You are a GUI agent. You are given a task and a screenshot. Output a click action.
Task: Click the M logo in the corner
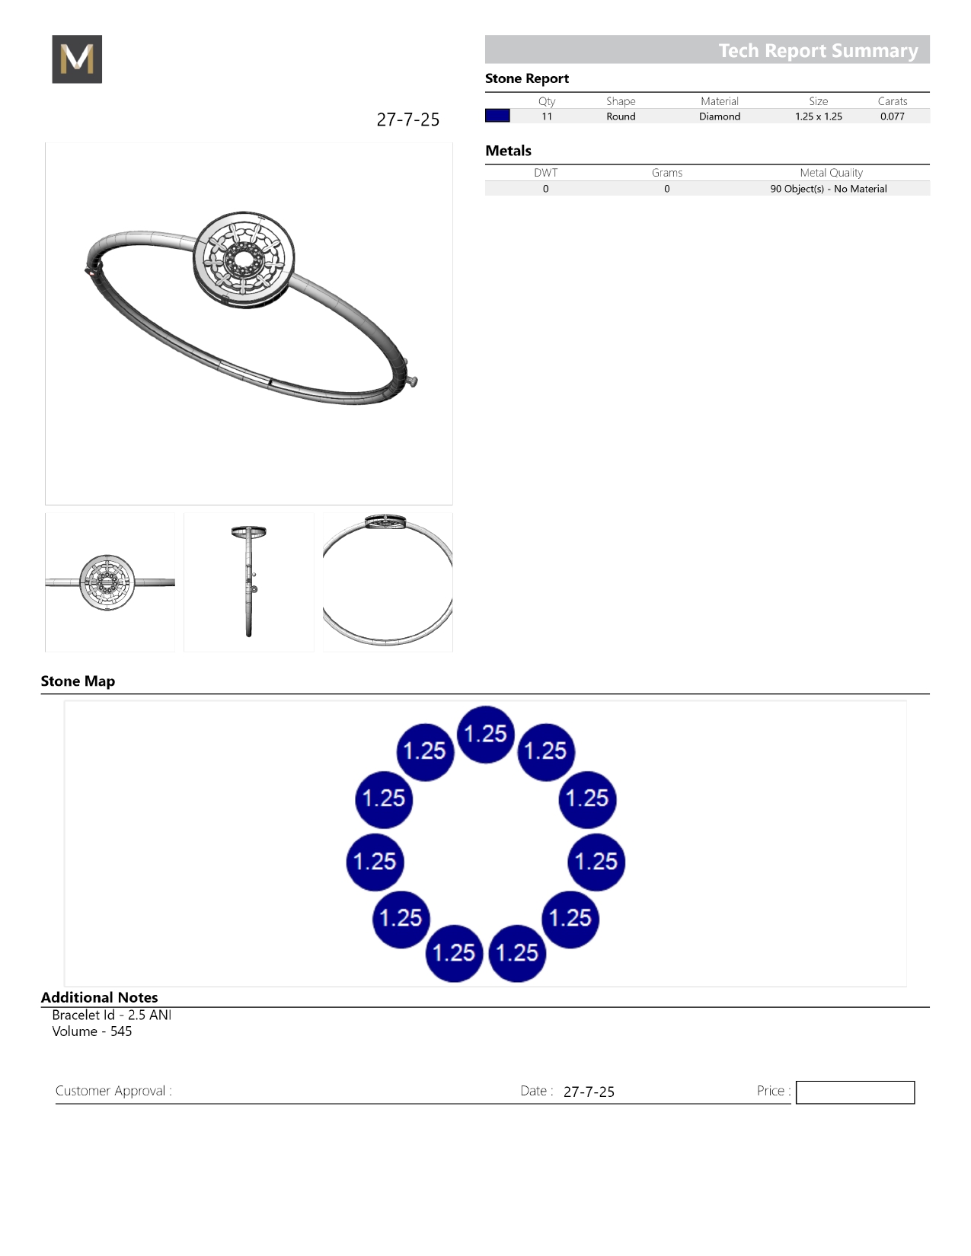(77, 59)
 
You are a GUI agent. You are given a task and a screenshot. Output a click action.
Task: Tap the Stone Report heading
(527, 78)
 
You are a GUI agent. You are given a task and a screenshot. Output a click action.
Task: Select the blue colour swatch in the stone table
(497, 116)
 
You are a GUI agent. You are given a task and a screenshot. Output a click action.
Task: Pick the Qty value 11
(547, 116)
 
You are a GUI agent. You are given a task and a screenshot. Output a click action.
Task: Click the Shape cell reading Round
(621, 116)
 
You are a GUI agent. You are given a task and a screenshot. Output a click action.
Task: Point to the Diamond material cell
(720, 116)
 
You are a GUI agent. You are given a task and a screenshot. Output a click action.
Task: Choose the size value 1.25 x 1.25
(819, 116)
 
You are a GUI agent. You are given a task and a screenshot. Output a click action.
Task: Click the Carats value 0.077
(893, 116)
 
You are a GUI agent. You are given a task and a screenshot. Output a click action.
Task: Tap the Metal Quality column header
(831, 173)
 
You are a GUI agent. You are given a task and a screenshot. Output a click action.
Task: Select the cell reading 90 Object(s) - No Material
(829, 189)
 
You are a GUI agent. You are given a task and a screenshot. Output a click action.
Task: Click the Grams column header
(667, 173)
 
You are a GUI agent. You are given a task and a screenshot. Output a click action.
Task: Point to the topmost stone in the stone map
(486, 734)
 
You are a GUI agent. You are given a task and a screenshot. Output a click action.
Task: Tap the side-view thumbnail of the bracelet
(249, 582)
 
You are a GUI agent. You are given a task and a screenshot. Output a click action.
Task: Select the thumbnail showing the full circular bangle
(388, 582)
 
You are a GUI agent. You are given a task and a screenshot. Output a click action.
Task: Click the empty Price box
(855, 1092)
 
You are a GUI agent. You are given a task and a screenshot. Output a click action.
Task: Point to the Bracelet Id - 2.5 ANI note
(112, 1015)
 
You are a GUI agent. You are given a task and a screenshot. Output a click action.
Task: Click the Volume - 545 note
(92, 1031)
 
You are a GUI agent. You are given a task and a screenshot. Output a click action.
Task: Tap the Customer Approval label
(113, 1091)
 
